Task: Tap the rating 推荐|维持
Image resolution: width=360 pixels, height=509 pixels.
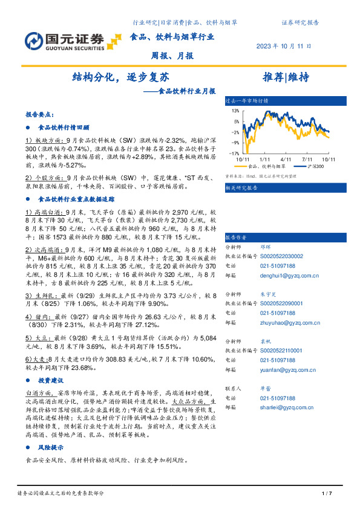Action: pyautogui.click(x=286, y=77)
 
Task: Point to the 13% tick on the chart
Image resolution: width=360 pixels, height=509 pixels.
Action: pyautogui.click(x=234, y=111)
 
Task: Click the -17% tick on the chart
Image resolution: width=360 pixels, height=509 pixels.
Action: pyautogui.click(x=233, y=154)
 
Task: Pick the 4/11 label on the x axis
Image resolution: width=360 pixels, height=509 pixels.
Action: pyautogui.click(x=287, y=158)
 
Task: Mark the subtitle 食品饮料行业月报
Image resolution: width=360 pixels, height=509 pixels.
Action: pyautogui.click(x=187, y=92)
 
